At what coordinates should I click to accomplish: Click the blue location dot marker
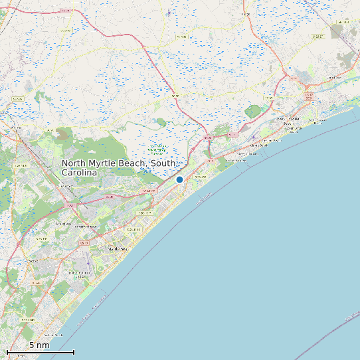click(x=179, y=179)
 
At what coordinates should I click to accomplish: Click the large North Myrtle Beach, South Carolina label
click(x=119, y=167)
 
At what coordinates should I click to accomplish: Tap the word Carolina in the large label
click(x=79, y=173)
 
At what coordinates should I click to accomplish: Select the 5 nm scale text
click(x=39, y=345)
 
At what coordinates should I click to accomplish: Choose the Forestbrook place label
click(x=63, y=224)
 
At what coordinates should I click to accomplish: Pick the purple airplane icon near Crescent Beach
click(x=253, y=138)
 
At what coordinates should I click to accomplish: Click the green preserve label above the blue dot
click(x=160, y=149)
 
